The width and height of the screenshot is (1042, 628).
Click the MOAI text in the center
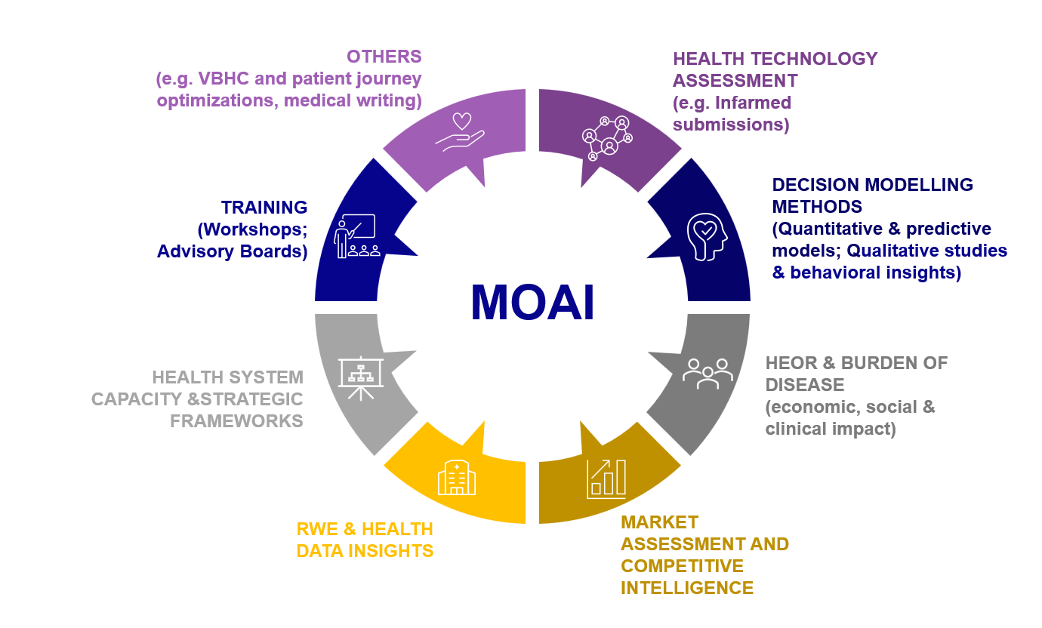pos(532,303)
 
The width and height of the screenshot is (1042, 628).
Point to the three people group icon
pos(708,373)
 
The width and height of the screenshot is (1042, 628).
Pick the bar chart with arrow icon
pos(606,479)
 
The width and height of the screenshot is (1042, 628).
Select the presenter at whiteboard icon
pos(355,236)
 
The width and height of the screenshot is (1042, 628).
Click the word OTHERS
pos(384,57)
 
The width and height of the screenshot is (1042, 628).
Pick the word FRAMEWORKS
pos(236,421)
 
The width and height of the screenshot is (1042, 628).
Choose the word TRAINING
pos(264,208)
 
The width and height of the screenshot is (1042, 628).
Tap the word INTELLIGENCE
pos(687,588)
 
